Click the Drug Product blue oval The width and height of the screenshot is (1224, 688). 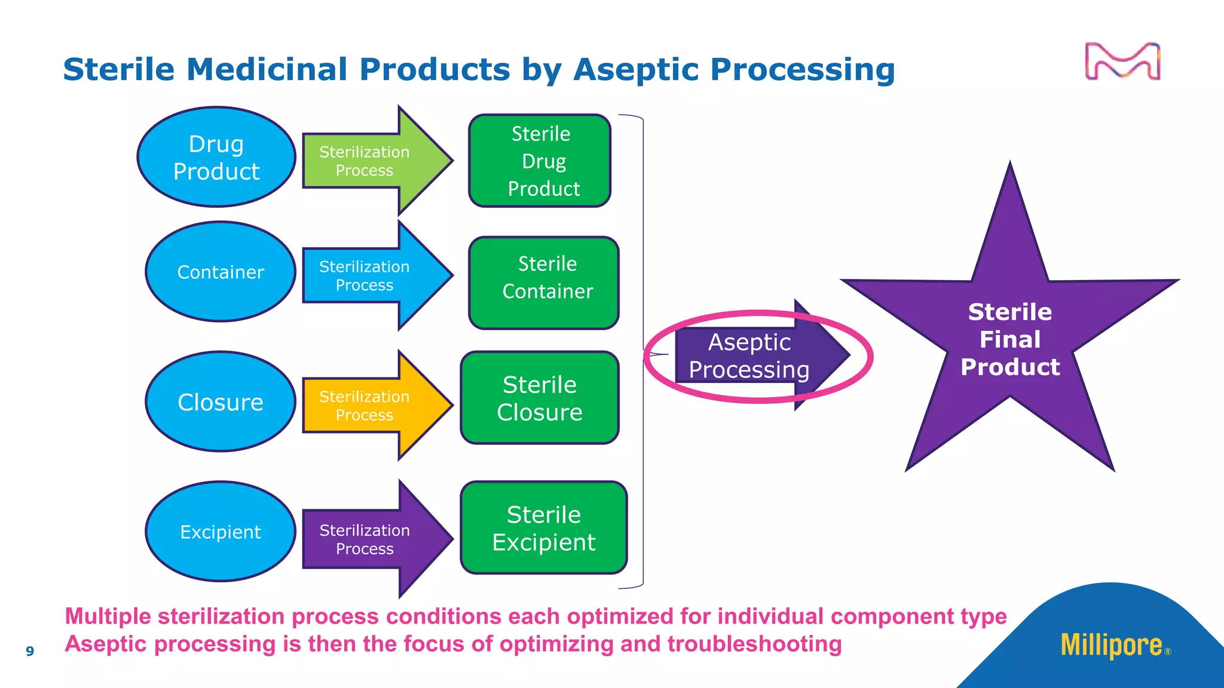click(216, 157)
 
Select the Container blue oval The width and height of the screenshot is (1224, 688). click(221, 272)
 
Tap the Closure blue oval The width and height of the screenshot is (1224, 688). click(221, 402)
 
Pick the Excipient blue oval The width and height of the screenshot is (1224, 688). click(221, 532)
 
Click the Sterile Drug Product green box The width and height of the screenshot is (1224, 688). click(540, 161)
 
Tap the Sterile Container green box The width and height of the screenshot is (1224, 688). click(544, 283)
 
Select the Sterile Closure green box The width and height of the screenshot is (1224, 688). click(540, 398)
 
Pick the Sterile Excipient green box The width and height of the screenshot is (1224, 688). click(544, 528)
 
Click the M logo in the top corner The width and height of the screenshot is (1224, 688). click(1122, 62)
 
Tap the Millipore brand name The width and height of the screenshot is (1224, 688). click(1112, 645)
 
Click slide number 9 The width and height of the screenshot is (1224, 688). click(30, 651)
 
